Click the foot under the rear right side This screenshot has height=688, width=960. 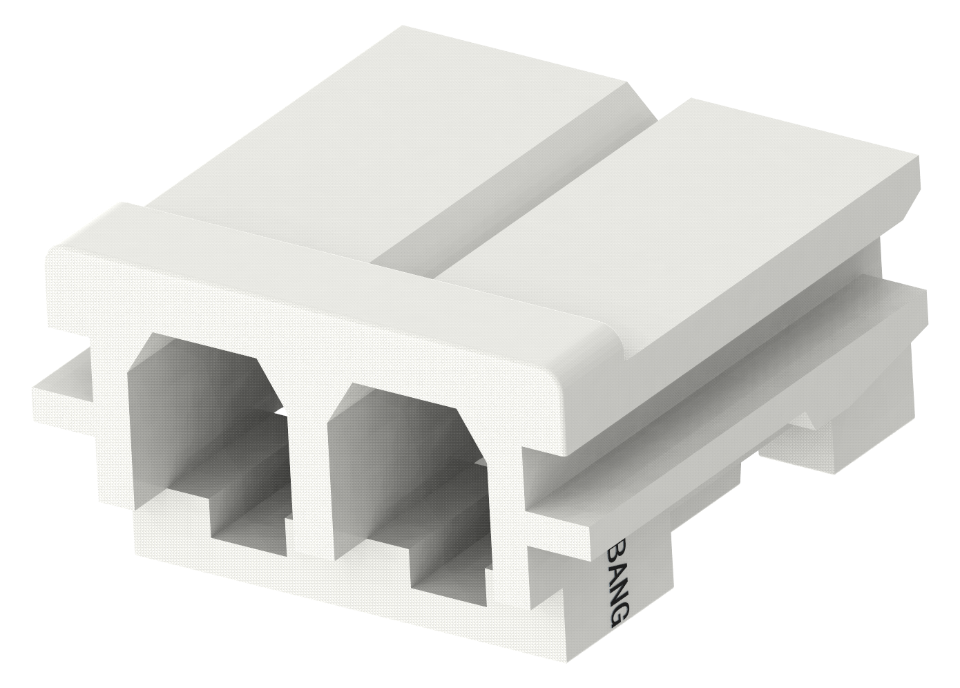pos(829,442)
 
